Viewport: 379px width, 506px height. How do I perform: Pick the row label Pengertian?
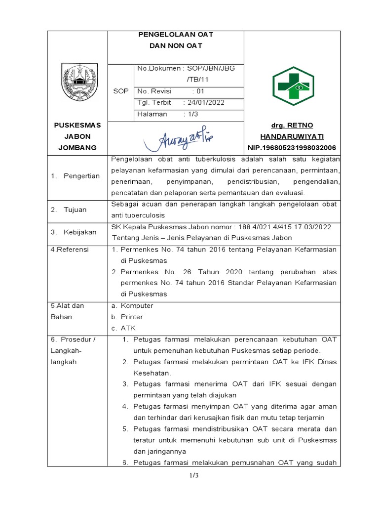point(81,176)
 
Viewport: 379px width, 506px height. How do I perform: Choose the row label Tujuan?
point(75,210)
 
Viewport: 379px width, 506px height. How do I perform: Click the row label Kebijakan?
point(78,232)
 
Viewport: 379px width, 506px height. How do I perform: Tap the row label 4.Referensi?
point(70,250)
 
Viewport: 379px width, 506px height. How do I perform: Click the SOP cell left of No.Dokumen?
point(120,91)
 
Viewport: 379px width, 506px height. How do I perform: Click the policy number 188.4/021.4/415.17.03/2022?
point(280,227)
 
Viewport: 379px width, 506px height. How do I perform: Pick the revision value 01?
point(200,91)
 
